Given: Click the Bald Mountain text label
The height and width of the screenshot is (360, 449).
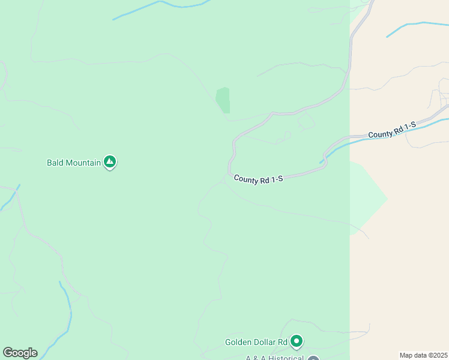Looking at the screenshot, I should pos(74,163).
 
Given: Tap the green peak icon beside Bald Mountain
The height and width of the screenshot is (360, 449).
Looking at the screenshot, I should pos(109,161).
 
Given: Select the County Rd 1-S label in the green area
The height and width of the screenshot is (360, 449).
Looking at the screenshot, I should pos(258,179).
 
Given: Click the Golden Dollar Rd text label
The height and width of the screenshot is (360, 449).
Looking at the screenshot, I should pos(256,343).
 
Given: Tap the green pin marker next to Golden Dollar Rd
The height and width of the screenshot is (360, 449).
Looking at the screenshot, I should pos(296,341).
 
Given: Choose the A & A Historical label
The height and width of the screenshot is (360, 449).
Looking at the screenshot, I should pos(274,358).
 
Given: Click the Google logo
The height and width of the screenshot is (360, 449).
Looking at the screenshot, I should pos(20,353).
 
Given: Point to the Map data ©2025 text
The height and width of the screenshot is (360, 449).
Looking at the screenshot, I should pos(423,355).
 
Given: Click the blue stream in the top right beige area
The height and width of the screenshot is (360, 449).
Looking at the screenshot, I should pos(414,25).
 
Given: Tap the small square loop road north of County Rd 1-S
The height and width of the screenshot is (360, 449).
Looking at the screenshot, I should pos(306,121).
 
